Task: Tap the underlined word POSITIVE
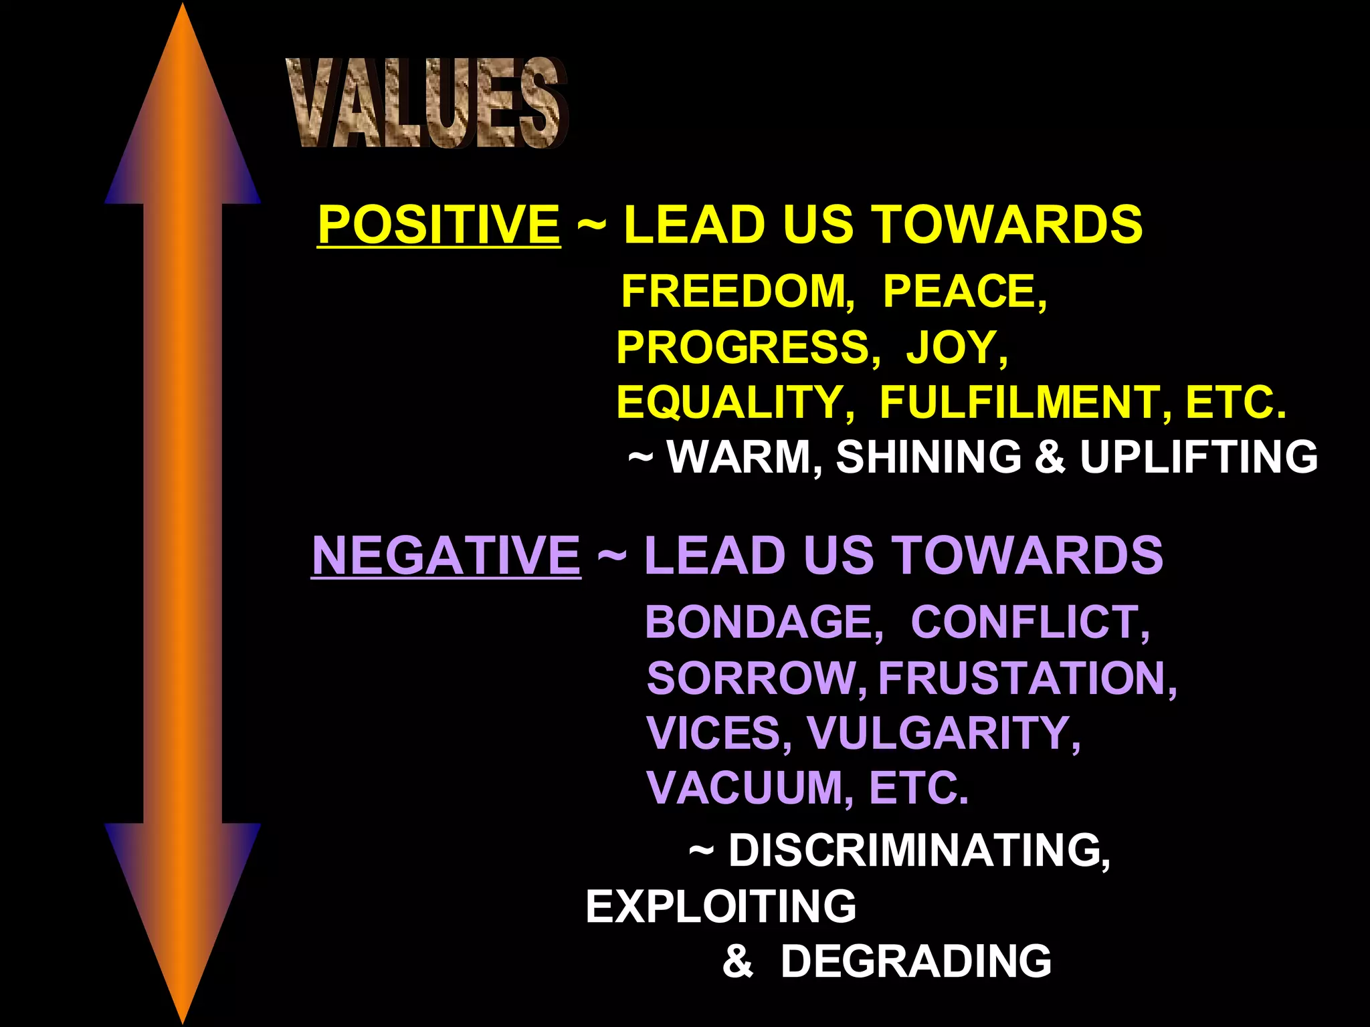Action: (x=439, y=224)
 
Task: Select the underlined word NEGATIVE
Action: (x=446, y=555)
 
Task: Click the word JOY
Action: (x=955, y=348)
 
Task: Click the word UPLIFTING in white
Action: (x=1198, y=457)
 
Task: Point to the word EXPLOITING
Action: (x=721, y=907)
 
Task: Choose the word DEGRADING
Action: (x=916, y=961)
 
